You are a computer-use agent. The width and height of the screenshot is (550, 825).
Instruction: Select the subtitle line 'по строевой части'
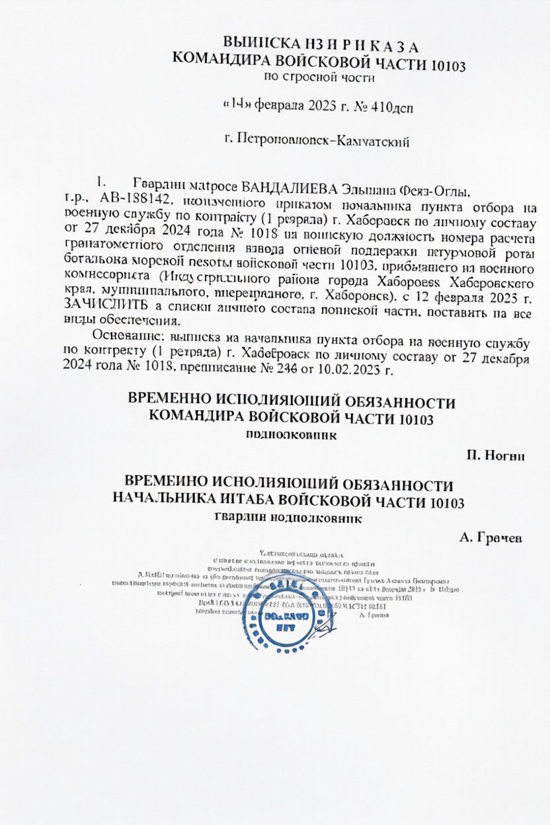coord(319,78)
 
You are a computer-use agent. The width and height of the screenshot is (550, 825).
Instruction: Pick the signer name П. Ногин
coord(495,456)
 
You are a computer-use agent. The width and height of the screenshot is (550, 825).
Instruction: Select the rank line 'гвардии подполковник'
coord(288,519)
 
